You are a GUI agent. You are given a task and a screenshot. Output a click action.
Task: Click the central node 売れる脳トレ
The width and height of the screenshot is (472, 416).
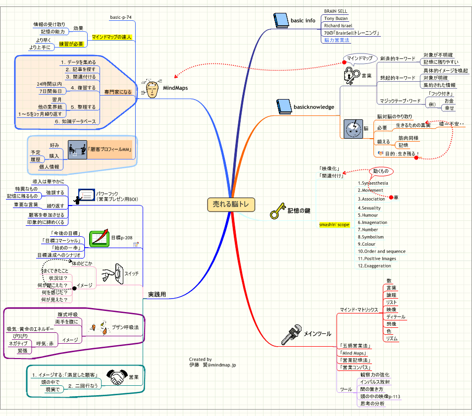(232, 204)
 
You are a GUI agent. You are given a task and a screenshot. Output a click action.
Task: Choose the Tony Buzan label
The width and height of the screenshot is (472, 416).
(336, 18)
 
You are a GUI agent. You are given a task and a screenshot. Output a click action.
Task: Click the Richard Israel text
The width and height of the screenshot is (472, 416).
(339, 26)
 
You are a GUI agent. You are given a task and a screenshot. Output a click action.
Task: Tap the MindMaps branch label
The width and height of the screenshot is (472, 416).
(175, 88)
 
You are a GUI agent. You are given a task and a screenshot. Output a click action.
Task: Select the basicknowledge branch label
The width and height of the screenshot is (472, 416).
(314, 106)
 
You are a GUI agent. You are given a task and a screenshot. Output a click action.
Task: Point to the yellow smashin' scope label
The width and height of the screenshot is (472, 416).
(334, 224)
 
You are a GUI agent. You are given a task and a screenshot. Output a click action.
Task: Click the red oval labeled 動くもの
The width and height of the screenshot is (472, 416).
(382, 172)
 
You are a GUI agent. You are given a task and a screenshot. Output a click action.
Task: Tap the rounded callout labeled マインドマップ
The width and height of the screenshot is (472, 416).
(360, 58)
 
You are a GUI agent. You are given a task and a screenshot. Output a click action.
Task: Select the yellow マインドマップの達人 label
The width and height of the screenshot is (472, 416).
(112, 37)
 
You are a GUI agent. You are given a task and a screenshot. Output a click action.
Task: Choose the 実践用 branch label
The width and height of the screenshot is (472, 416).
(157, 295)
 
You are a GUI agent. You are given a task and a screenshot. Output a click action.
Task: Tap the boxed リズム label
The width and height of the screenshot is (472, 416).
(391, 338)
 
